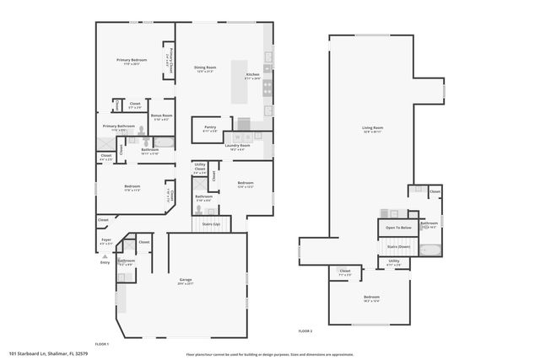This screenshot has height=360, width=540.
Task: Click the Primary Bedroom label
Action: (131, 60)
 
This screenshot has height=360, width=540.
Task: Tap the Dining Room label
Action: (206, 67)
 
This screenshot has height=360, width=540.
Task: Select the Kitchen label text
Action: (252, 75)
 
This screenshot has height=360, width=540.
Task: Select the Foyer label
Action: (106, 239)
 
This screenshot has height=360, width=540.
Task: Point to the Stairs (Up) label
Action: (211, 224)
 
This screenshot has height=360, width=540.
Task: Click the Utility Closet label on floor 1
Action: (200, 168)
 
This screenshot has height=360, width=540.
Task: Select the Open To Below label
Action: (399, 228)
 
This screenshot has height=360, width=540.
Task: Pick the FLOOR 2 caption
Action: (305, 331)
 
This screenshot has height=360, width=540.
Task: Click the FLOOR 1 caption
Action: (102, 344)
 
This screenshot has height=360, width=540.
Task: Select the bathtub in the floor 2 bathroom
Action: (429, 250)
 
